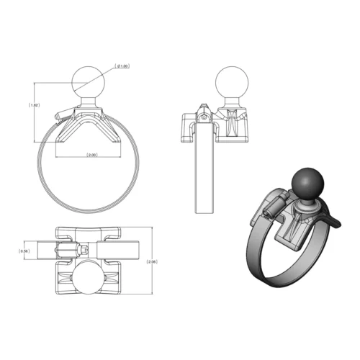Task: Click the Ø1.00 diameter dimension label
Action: click(x=124, y=66)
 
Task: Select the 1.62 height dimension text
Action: click(x=35, y=105)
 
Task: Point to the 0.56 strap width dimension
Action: click(x=24, y=251)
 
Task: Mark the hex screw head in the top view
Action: click(x=85, y=250)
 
